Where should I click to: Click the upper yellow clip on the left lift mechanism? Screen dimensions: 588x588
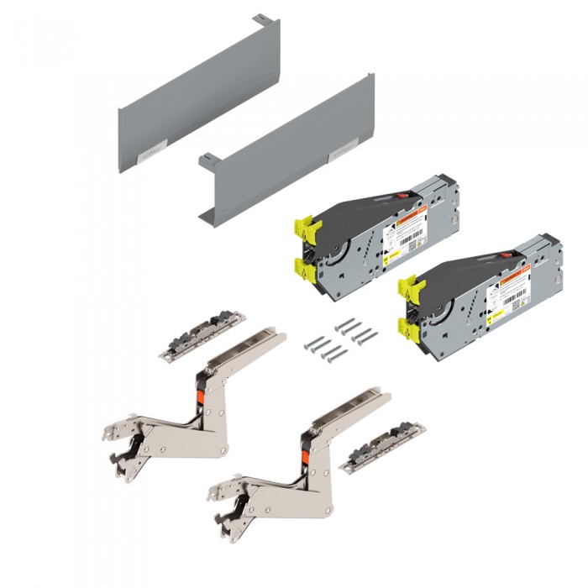click(x=303, y=225)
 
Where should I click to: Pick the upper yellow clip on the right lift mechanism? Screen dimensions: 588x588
click(x=410, y=285)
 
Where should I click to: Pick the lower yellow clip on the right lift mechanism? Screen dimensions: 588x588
click(x=409, y=329)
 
